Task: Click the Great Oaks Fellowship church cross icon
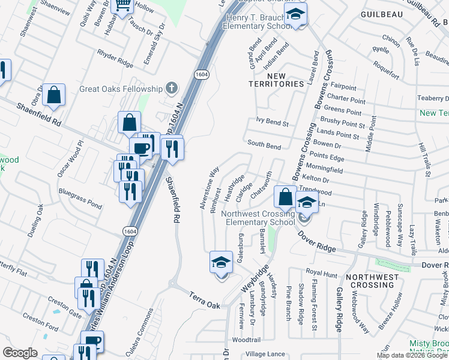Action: [172, 89]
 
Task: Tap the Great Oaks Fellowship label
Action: [121, 89]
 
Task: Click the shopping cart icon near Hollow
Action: [122, 5]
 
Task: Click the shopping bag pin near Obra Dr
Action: [54, 95]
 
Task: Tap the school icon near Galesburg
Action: [221, 262]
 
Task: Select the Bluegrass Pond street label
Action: [80, 197]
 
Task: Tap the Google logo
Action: [20, 353]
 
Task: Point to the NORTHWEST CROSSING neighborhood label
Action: [372, 281]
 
